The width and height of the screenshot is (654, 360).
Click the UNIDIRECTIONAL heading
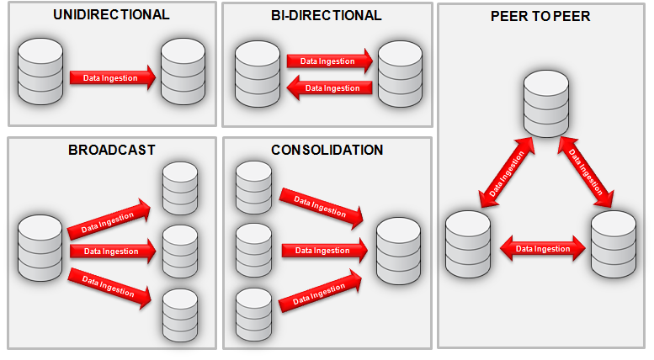[111, 15]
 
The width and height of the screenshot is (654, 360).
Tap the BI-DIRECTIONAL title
[327, 15]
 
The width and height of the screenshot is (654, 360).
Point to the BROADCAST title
[112, 150]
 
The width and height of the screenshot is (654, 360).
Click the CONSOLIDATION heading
[327, 150]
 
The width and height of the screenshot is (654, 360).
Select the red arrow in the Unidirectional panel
[112, 78]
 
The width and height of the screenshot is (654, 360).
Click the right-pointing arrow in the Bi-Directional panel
[328, 61]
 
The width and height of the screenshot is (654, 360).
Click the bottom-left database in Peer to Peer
[468, 244]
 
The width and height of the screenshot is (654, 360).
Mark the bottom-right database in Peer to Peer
[614, 244]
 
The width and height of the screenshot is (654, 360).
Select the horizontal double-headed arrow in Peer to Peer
[541, 248]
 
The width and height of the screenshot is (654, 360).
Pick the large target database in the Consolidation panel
[398, 250]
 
